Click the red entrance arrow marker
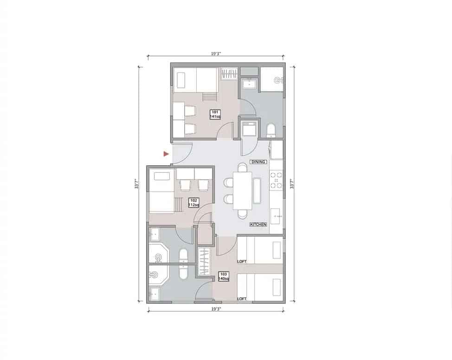pyautogui.click(x=165, y=154)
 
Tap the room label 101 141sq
pyautogui.click(x=215, y=114)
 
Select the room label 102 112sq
pyautogui.click(x=194, y=203)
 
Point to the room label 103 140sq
pyautogui.click(x=224, y=276)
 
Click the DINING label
pyautogui.click(x=258, y=162)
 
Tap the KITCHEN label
pyautogui.click(x=258, y=225)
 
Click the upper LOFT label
pyautogui.click(x=242, y=262)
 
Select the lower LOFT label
pyautogui.click(x=242, y=299)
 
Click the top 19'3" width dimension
pyautogui.click(x=216, y=54)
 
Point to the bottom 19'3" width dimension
pyautogui.click(x=216, y=309)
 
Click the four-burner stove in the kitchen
pyautogui.click(x=276, y=180)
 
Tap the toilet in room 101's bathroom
pyautogui.click(x=271, y=130)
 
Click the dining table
pyautogui.click(x=242, y=190)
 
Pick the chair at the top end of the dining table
pyautogui.click(x=242, y=167)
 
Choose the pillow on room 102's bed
pyautogui.click(x=162, y=177)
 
